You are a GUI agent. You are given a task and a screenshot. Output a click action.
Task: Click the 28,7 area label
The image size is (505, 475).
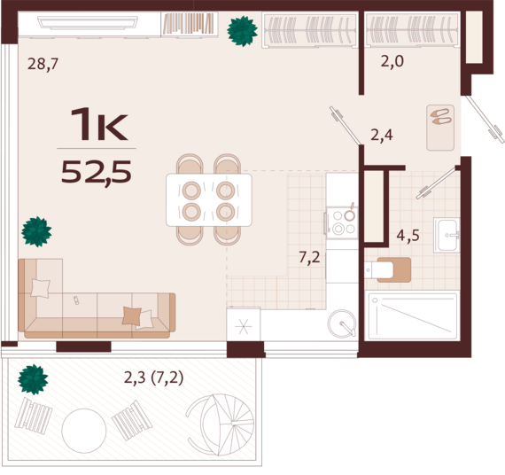coord(43,64)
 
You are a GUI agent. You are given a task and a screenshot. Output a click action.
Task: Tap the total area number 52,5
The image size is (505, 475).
coord(97,172)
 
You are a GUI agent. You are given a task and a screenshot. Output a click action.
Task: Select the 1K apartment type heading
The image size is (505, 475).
coord(99,124)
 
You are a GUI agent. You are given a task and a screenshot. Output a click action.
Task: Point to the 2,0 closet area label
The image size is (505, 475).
coord(392,61)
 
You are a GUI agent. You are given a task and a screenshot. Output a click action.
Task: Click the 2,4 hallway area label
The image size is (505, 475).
coord(382,135)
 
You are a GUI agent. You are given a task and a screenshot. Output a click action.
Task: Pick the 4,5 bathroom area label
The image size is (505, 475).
coord(408,236)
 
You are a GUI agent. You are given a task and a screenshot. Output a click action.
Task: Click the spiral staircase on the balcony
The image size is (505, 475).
coord(221,424)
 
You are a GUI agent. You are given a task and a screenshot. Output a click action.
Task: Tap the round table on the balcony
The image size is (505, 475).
coord(84,431)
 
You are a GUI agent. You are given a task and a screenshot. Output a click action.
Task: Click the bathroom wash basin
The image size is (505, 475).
coord(447,235)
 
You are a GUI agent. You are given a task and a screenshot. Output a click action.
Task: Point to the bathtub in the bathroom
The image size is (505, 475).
coord(413,315)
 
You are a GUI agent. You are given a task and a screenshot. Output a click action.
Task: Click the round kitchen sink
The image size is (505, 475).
coord(342,323)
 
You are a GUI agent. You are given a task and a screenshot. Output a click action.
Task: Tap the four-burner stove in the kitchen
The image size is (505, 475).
coord(342,223)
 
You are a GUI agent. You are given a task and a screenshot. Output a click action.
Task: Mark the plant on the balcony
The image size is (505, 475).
coord(33,379)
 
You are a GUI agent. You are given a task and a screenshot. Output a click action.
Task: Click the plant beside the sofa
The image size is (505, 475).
coord(36,231)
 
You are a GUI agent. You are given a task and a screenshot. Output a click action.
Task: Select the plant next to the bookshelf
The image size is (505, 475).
coord(242,31)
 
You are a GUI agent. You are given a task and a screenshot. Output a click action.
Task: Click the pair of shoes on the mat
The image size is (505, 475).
coord(441,117)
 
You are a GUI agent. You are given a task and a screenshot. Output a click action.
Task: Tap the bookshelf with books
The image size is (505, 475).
coord(189,24)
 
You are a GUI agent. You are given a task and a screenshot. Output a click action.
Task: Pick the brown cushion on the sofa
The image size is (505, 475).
coord(131,315)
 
